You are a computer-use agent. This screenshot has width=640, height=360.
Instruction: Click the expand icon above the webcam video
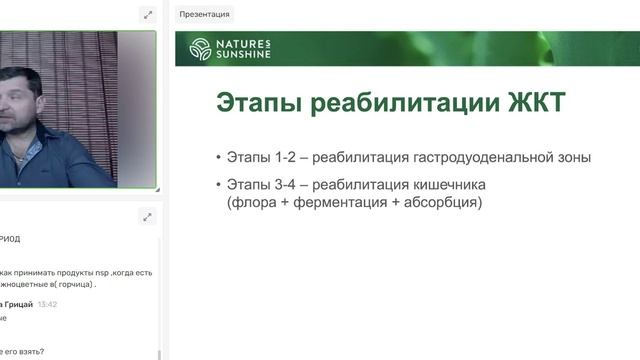tap(148, 14)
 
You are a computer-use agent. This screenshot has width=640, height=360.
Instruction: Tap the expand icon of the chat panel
tap(148, 216)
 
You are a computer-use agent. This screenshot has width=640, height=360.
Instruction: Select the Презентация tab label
tap(204, 14)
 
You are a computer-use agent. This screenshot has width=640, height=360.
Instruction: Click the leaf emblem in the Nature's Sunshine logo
tap(200, 49)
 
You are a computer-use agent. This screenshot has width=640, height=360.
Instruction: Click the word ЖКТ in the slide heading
tap(537, 103)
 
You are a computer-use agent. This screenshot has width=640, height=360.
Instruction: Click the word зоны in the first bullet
tap(574, 157)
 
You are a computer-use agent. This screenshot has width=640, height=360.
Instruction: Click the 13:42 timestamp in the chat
tap(47, 304)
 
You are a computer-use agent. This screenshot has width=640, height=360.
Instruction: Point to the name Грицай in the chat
tap(20, 304)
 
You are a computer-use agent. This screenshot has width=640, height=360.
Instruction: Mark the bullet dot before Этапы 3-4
tap(218, 185)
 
